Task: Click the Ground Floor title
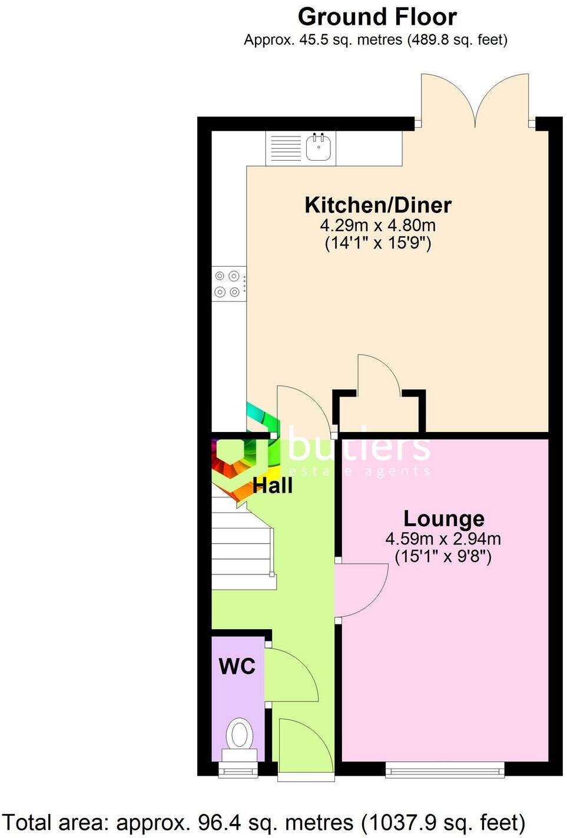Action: point(377,16)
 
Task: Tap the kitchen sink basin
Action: point(318,148)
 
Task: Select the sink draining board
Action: point(286,148)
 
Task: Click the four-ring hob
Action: point(228,283)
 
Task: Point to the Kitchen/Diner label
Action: point(377,205)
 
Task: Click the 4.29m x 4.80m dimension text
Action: point(377,225)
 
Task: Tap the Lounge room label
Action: point(443,518)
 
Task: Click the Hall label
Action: point(273,485)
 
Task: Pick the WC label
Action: point(237,666)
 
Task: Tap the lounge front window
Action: point(445,769)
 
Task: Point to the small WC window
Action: point(238,769)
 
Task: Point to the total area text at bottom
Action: point(264,823)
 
